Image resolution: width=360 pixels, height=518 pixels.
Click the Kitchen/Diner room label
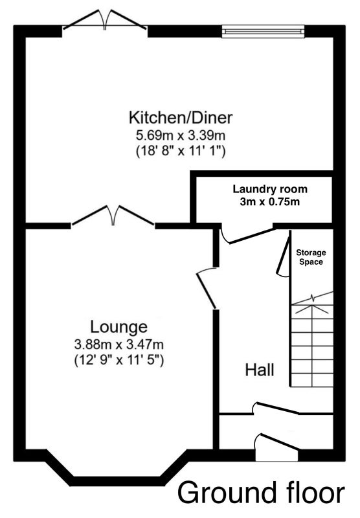181,118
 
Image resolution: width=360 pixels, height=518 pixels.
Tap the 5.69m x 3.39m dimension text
181,135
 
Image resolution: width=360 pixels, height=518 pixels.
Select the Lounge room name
119,327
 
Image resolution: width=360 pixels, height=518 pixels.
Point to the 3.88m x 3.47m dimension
119,345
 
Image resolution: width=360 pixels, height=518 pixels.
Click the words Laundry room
270,189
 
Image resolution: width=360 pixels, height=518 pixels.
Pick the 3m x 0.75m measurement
270,201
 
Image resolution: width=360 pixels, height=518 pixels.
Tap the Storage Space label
311,257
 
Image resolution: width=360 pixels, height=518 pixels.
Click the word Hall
260,370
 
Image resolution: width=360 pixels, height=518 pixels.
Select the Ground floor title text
261,493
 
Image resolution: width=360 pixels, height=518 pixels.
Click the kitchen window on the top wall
263,31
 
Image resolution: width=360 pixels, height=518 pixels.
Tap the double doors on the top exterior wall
105,21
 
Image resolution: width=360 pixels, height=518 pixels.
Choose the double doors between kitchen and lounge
113,216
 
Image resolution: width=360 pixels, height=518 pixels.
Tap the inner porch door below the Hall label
276,409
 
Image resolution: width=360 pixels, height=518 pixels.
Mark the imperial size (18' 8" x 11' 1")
181,152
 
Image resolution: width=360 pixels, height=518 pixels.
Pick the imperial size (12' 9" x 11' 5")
119,361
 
